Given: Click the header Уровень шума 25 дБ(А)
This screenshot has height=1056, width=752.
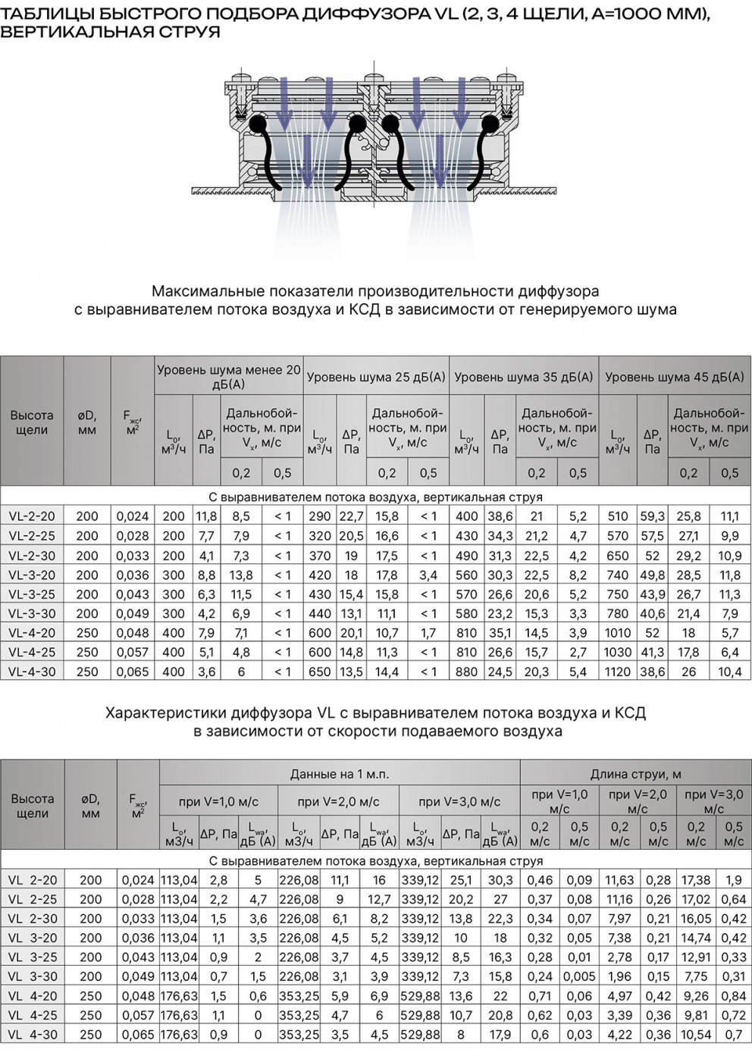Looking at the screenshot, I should [x=376, y=377].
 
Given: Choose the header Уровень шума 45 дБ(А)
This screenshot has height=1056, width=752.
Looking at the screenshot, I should [x=675, y=377].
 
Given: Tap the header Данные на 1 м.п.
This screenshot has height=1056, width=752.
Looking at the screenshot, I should [x=339, y=774].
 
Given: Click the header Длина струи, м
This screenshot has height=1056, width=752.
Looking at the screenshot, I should [x=635, y=774].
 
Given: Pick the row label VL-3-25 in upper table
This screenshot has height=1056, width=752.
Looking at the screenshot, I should [x=32, y=594].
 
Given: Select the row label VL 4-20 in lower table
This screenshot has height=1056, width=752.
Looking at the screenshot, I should [x=33, y=995].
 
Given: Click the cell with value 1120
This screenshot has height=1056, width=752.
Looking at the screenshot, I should [x=618, y=672].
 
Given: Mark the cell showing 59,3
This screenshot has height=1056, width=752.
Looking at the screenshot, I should [x=652, y=516].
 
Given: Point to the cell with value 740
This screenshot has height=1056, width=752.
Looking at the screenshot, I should [x=618, y=575].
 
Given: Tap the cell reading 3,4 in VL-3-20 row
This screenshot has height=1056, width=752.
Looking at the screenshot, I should [x=428, y=575].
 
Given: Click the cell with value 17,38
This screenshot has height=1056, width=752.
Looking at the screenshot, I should [x=696, y=880].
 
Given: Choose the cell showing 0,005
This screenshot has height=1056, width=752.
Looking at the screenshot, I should [x=579, y=976].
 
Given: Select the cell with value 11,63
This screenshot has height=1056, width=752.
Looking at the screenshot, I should [x=619, y=880].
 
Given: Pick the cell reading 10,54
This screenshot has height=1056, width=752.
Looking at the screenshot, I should [x=696, y=1034].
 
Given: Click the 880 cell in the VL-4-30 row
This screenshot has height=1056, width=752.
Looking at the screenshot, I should [x=466, y=672].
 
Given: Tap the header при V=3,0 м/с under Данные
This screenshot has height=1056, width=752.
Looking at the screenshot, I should [x=459, y=801].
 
